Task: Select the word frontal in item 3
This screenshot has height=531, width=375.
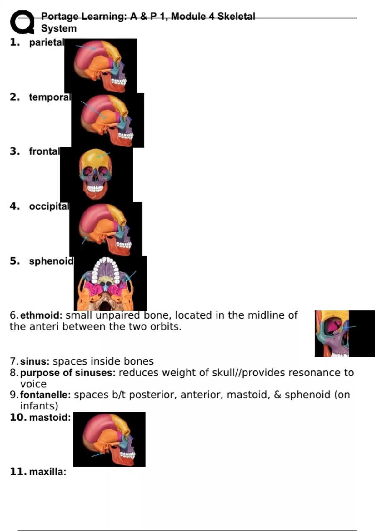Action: pos(44,151)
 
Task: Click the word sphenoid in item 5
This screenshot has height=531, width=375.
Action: pos(51,261)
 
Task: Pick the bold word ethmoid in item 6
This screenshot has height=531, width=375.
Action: pos(41,315)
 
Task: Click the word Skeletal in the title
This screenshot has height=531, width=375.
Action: pos(236,16)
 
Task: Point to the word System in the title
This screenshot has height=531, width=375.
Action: pos(59,28)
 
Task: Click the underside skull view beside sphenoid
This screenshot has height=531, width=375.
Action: pos(110,284)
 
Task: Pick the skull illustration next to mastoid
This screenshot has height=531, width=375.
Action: pos(109,439)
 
